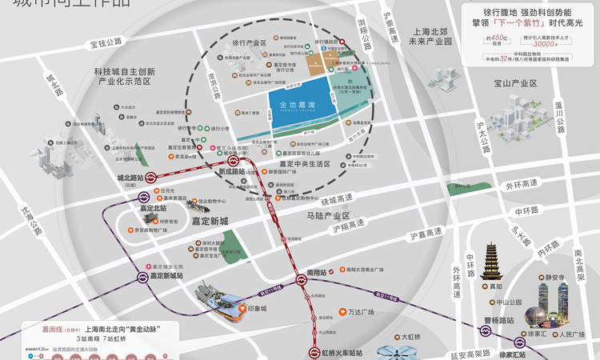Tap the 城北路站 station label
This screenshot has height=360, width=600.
[130, 178]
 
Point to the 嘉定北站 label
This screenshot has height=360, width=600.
[154, 209]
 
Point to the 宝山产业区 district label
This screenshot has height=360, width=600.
[515, 83]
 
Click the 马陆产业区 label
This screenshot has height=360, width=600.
[329, 216]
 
